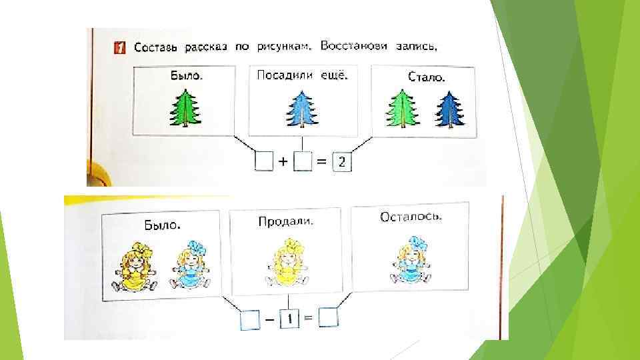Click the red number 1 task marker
pyautogui.click(x=119, y=48)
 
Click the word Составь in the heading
pyautogui.click(x=156, y=47)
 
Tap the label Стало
pyautogui.click(x=426, y=78)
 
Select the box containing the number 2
pyautogui.click(x=341, y=163)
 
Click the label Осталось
pyautogui.click(x=411, y=217)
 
